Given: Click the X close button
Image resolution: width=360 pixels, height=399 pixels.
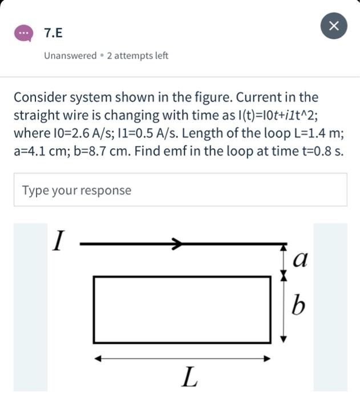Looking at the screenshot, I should point(334,26).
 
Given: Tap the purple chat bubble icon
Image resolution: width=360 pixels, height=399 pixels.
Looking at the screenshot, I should point(24,33).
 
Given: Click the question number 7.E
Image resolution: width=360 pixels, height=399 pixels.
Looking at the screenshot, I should point(54,33).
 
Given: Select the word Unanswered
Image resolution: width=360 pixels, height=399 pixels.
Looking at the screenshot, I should point(70,56).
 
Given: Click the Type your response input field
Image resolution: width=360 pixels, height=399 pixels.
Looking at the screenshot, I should point(180,190).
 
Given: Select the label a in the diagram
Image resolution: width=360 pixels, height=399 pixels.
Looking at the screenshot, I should point(299,259).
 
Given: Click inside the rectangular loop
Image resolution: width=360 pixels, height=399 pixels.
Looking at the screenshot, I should point(182,310).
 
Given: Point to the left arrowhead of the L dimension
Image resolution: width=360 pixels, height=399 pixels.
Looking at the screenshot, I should point(98,359).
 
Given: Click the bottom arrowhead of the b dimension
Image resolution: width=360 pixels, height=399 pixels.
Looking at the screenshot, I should point(283,339).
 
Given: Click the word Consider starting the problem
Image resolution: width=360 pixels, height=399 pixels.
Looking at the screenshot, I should point(39,97).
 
